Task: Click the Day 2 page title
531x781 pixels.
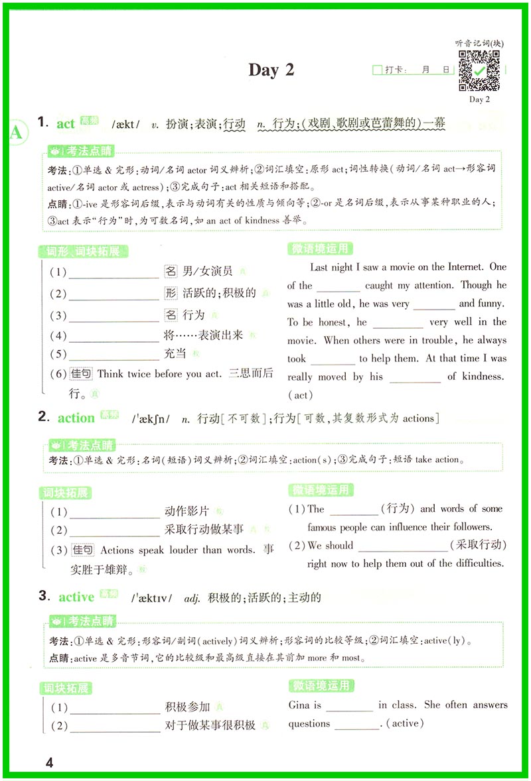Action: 271,70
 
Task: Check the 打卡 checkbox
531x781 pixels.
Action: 378,70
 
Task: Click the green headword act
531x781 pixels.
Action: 66,123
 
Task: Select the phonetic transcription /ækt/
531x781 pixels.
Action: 126,123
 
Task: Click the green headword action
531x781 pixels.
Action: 76,418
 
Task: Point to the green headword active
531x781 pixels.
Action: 76,597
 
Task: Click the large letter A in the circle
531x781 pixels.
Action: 15,133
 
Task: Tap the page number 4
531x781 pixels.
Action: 48,762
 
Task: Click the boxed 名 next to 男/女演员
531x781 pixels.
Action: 171,270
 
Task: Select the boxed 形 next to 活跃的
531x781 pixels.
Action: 171,293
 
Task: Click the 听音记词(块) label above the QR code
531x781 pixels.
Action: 479,43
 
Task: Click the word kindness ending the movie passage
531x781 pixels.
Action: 482,377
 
